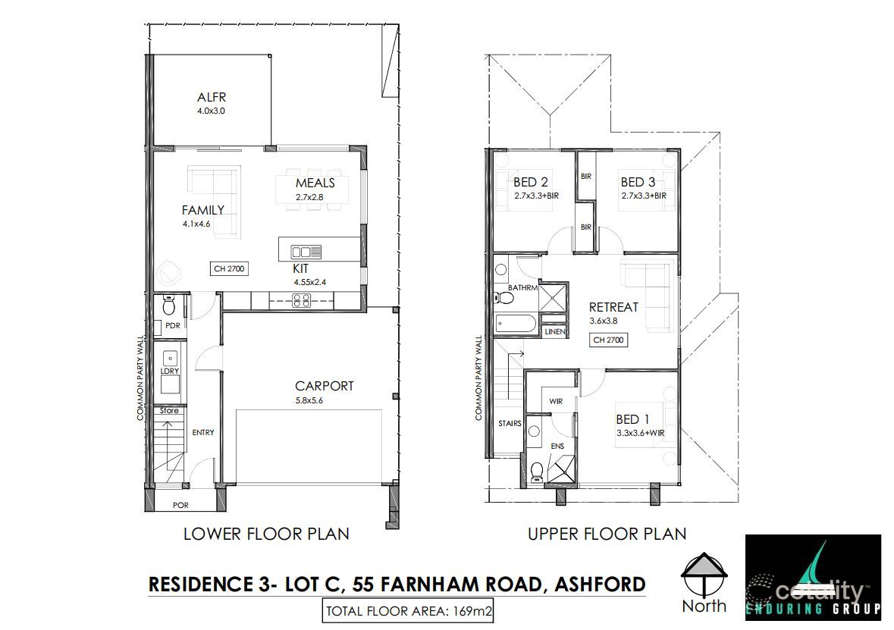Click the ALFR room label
pyautogui.click(x=212, y=97)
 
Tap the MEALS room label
pyautogui.click(x=315, y=183)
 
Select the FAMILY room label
pyautogui.click(x=202, y=210)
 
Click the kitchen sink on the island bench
pyautogui.click(x=306, y=250)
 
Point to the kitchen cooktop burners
pyautogui.click(x=301, y=300)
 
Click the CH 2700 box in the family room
pyautogui.click(x=229, y=268)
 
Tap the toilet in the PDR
pyautogui.click(x=169, y=307)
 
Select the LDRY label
pyautogui.click(x=169, y=371)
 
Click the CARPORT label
pyautogui.click(x=325, y=386)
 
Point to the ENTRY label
pyautogui.click(x=203, y=433)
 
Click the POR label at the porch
pyautogui.click(x=180, y=505)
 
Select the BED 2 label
pyautogui.click(x=530, y=182)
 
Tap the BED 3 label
pyautogui.click(x=638, y=182)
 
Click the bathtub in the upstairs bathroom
pyautogui.click(x=516, y=325)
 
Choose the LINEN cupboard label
pyautogui.click(x=556, y=332)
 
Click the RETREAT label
pyautogui.click(x=613, y=307)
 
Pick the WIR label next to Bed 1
pyautogui.click(x=555, y=401)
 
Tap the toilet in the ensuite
pyautogui.click(x=536, y=471)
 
